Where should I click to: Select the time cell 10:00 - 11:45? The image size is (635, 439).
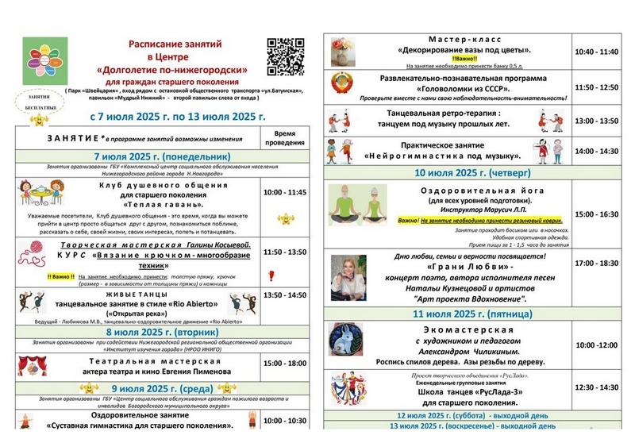click(283, 192)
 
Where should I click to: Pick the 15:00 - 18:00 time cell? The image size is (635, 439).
click(283, 364)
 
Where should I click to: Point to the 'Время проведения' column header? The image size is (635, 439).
click(283, 138)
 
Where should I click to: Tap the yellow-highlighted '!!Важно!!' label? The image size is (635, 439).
click(466, 58)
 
